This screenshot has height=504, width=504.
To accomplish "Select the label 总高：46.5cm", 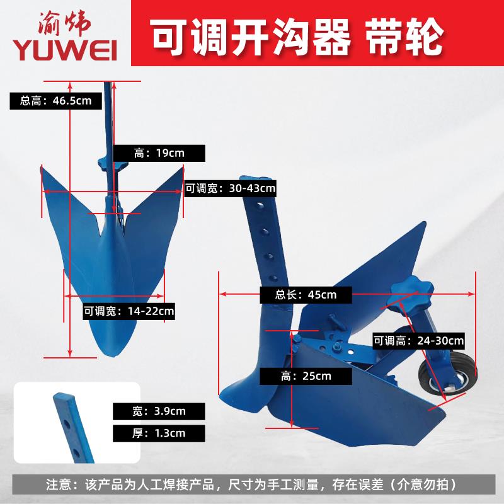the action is coord(55,100).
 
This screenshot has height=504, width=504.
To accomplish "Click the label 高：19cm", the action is coord(159,152).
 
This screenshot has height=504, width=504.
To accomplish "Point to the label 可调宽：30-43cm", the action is coord(231,187).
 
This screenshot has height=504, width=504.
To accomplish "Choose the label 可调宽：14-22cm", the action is coord(129,310).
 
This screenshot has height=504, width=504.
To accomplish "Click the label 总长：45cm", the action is coord(306,294).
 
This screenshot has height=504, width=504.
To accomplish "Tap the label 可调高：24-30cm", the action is coord(418,341).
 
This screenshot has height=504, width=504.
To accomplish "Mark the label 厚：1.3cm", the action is coord(159,433).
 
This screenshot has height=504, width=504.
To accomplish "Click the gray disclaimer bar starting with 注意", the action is coord(252,485).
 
